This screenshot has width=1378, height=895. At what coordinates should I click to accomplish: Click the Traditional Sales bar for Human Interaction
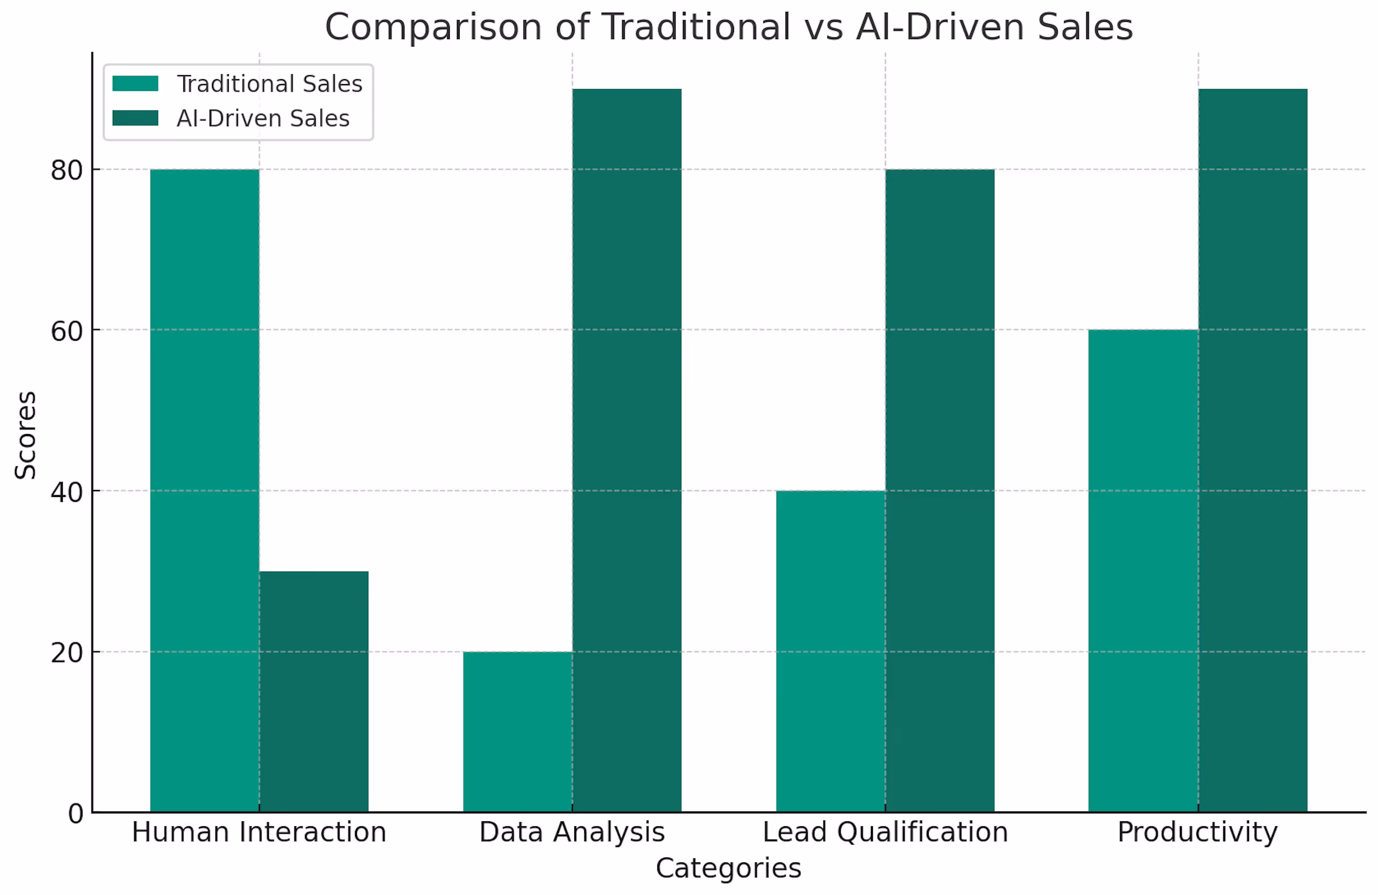pos(205,490)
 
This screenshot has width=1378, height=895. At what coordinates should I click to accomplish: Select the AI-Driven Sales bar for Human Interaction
pos(313,691)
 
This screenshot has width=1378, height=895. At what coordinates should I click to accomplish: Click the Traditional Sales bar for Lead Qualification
pos(830,651)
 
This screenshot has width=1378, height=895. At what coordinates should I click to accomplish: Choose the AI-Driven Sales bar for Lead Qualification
pos(939,490)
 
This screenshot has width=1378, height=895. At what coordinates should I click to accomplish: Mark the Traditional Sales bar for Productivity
pos(1143,571)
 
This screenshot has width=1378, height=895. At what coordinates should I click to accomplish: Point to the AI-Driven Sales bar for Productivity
pos(1252,449)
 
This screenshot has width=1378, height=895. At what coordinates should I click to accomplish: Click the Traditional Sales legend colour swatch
pos(135,84)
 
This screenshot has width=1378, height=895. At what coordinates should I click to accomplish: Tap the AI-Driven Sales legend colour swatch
pos(135,118)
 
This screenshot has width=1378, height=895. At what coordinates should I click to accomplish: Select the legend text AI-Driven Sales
pos(263,118)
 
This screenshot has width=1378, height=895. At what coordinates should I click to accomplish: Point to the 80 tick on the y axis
pos(67,170)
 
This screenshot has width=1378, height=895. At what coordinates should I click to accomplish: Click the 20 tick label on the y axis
pos(67,653)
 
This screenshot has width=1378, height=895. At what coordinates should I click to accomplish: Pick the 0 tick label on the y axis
pos(75,814)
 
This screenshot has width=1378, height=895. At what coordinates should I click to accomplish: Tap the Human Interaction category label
pos(259,832)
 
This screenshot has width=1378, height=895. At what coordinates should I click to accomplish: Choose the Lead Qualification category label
pos(885,832)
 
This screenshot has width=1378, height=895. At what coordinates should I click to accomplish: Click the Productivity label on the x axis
pos(1198,832)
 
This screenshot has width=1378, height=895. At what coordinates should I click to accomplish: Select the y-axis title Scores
pos(26,435)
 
